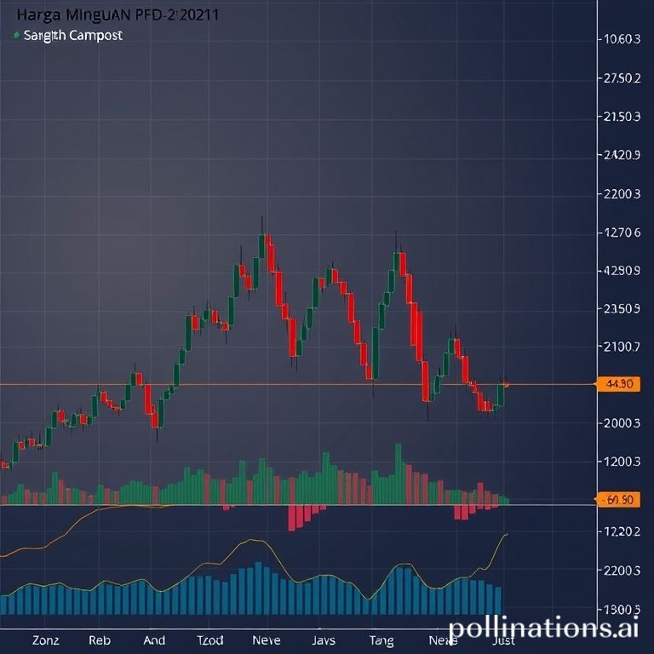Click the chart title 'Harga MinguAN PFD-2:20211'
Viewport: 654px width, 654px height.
(x=111, y=15)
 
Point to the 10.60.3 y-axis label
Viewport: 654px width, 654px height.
(x=621, y=38)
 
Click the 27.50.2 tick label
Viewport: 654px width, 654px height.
(x=621, y=77)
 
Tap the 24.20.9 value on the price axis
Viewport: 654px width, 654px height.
(x=621, y=155)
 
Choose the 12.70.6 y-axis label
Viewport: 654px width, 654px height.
(x=621, y=232)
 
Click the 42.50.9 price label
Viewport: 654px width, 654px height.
(x=621, y=271)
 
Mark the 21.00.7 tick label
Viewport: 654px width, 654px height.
(x=621, y=347)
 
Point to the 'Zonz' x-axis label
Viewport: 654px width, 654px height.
(x=44, y=640)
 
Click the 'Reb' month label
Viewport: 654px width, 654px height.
(x=100, y=640)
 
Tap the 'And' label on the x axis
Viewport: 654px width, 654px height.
(x=155, y=640)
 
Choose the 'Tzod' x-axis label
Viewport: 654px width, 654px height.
(x=210, y=640)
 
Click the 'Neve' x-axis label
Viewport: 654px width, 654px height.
(x=267, y=640)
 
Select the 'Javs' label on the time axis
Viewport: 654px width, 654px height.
(x=324, y=640)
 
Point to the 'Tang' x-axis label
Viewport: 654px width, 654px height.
(x=381, y=640)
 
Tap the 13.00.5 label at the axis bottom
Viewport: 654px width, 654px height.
(x=621, y=610)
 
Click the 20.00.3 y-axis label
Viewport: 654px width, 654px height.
(x=621, y=423)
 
